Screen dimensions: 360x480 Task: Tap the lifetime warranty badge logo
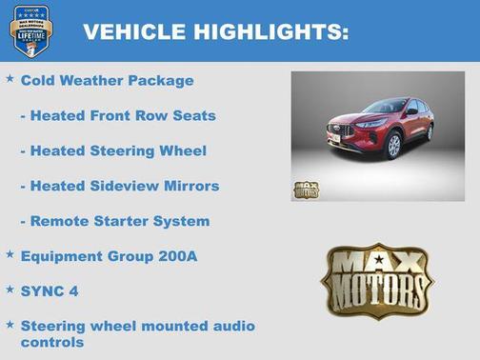[x=30, y=30]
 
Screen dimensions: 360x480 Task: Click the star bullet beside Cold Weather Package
[x=10, y=79]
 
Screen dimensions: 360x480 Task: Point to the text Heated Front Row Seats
[x=118, y=116]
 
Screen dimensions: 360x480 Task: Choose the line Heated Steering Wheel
[x=113, y=150]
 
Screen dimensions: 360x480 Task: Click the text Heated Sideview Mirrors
[x=120, y=186]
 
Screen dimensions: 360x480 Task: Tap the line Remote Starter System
[x=115, y=221]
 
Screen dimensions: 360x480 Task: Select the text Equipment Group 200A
[x=109, y=256]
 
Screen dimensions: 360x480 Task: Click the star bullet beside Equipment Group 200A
[x=10, y=254]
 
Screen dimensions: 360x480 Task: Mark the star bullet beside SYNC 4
[x=10, y=289]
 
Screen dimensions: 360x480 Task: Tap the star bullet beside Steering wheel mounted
[x=10, y=324]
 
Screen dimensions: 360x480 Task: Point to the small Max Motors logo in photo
[x=307, y=189]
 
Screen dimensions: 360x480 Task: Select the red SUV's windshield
[x=385, y=106]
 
